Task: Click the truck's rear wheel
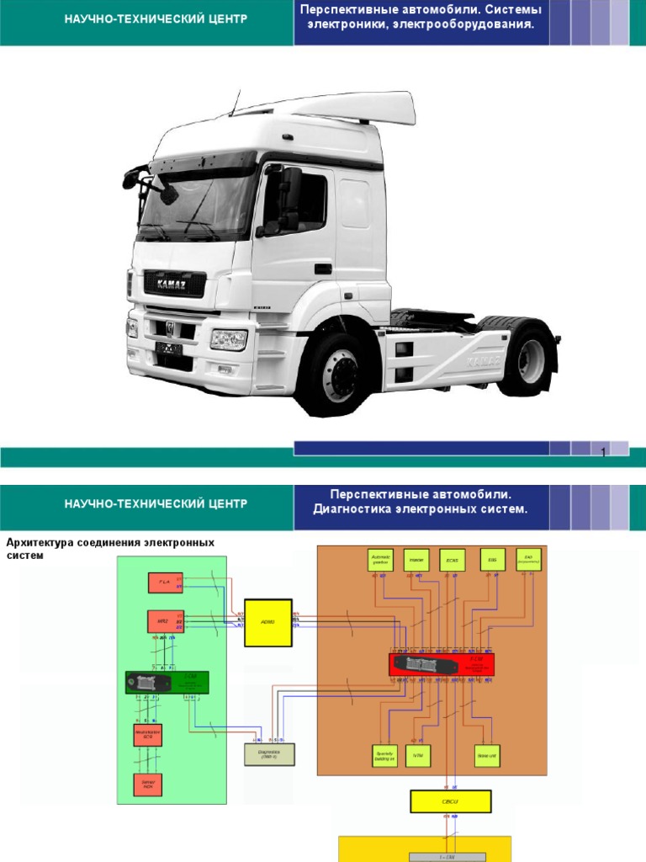[528, 360]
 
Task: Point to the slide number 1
[603, 454]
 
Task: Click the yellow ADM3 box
[267, 623]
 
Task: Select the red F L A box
[165, 582]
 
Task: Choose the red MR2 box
[165, 622]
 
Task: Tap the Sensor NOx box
[147, 783]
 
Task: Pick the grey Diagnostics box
[270, 753]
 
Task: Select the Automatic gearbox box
[380, 559]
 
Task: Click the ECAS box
[452, 559]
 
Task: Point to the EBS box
[492, 558]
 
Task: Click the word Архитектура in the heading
[41, 543]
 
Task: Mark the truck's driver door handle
[322, 269]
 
